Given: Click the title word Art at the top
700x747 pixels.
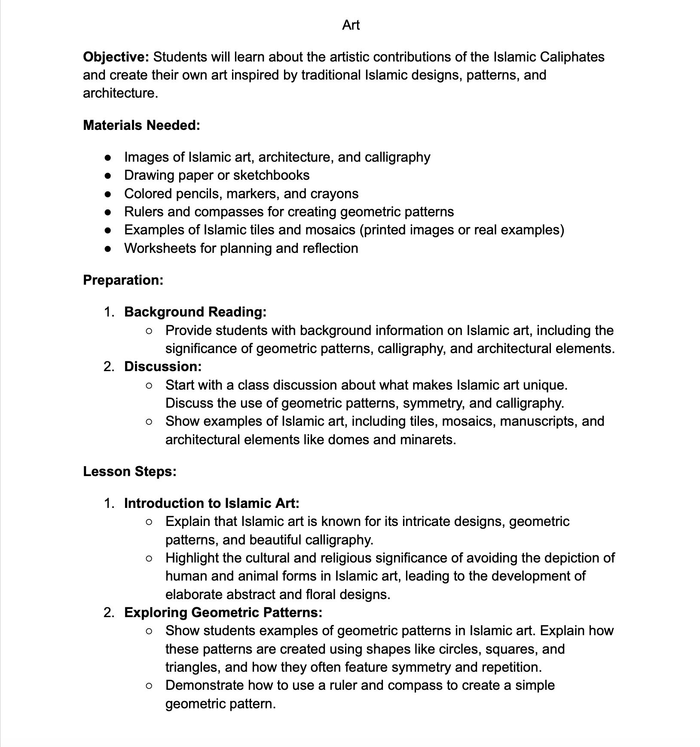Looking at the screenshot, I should (351, 25).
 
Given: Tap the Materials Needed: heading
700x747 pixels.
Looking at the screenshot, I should (141, 125).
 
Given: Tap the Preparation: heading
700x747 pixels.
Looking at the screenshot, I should (123, 280).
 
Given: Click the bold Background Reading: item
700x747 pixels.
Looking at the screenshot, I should (195, 312).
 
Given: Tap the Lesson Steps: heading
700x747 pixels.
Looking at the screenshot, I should (129, 471).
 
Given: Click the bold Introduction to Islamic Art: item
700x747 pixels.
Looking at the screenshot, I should (211, 503).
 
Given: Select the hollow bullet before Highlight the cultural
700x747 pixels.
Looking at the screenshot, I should (149, 558).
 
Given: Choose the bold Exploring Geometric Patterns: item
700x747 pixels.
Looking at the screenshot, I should (223, 612).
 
